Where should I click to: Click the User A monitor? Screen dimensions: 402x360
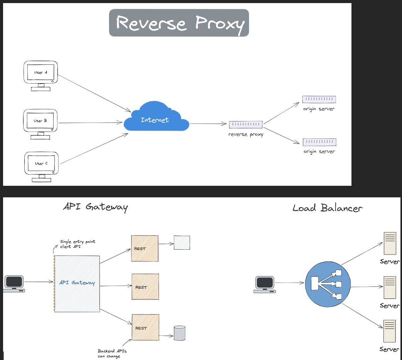pyautogui.click(x=41, y=76)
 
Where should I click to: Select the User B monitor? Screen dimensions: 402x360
pyautogui.click(x=40, y=124)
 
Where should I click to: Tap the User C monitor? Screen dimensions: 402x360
pyautogui.click(x=41, y=167)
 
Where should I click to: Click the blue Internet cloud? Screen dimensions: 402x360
pyautogui.click(x=156, y=116)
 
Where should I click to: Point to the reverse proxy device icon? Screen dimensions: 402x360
pyautogui.click(x=246, y=124)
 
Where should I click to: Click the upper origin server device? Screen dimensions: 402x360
pyautogui.click(x=319, y=99)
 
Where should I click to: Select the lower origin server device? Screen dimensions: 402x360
pyautogui.click(x=319, y=142)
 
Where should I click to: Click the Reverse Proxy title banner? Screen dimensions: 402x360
pyautogui.click(x=179, y=23)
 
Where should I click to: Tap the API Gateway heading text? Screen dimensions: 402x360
pyautogui.click(x=95, y=207)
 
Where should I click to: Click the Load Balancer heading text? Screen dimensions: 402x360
pyautogui.click(x=328, y=208)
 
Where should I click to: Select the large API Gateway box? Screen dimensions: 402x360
pyautogui.click(x=77, y=284)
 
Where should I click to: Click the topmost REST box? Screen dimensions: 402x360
pyautogui.click(x=145, y=248)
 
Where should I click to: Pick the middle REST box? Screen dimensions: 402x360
pyautogui.click(x=145, y=286)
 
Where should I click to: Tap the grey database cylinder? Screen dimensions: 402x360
pyautogui.click(x=179, y=333)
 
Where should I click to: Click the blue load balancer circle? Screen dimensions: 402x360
pyautogui.click(x=328, y=284)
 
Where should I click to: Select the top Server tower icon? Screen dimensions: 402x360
pyautogui.click(x=390, y=244)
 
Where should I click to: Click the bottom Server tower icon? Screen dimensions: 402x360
pyautogui.click(x=389, y=331)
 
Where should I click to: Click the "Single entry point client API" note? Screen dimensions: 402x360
pyautogui.click(x=78, y=244)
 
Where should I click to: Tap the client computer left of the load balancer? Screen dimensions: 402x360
pyautogui.click(x=265, y=284)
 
